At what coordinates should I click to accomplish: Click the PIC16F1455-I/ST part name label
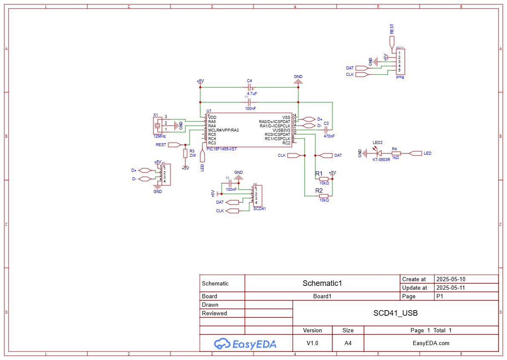tap(222, 149)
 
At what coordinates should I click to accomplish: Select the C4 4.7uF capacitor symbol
tap(250, 87)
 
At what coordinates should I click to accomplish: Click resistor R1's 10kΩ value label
tap(324, 183)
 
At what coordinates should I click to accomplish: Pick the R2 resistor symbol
tap(324, 196)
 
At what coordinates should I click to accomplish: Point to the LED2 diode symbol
tap(378, 153)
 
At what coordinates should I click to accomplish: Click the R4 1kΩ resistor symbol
tap(396, 153)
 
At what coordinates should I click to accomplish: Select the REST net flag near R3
tap(175, 144)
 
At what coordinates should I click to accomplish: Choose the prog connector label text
tap(400, 77)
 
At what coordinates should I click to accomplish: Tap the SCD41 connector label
tap(259, 209)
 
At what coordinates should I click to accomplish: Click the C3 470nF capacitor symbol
tap(326, 130)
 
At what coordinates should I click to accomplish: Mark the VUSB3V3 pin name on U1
tap(281, 130)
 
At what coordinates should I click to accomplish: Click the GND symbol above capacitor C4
tap(298, 80)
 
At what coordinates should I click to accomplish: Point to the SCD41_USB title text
tap(395, 313)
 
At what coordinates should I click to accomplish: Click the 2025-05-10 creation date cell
tap(451, 279)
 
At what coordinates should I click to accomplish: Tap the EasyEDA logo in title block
tap(245, 343)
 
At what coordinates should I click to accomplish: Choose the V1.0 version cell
tap(312, 343)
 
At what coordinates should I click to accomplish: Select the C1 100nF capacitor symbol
tap(250, 102)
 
